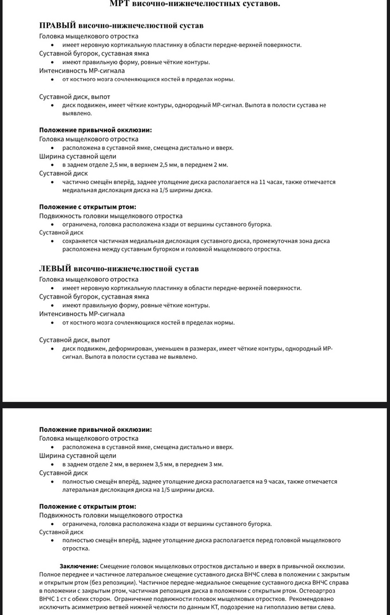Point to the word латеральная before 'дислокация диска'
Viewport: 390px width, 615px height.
tap(80, 490)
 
